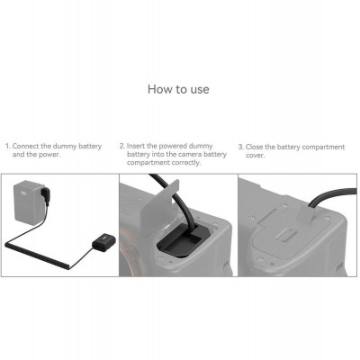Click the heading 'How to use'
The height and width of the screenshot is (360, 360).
[179, 90]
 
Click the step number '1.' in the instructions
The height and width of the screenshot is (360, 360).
[7, 145]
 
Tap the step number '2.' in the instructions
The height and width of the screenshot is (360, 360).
[123, 145]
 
